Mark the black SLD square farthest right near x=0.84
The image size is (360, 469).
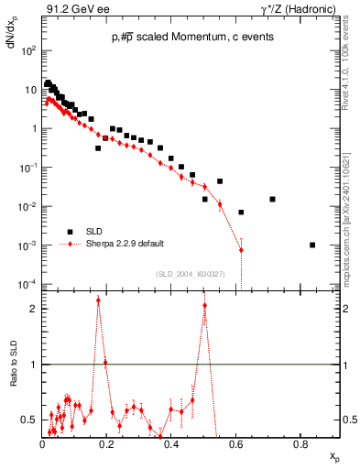(312, 245)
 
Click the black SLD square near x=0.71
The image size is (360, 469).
(272, 199)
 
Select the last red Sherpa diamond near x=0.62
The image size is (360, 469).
(241, 250)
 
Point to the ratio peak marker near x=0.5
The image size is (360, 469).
(204, 306)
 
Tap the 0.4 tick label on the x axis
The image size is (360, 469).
(170, 444)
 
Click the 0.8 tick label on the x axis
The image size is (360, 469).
(300, 444)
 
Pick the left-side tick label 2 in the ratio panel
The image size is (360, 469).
(34, 309)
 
